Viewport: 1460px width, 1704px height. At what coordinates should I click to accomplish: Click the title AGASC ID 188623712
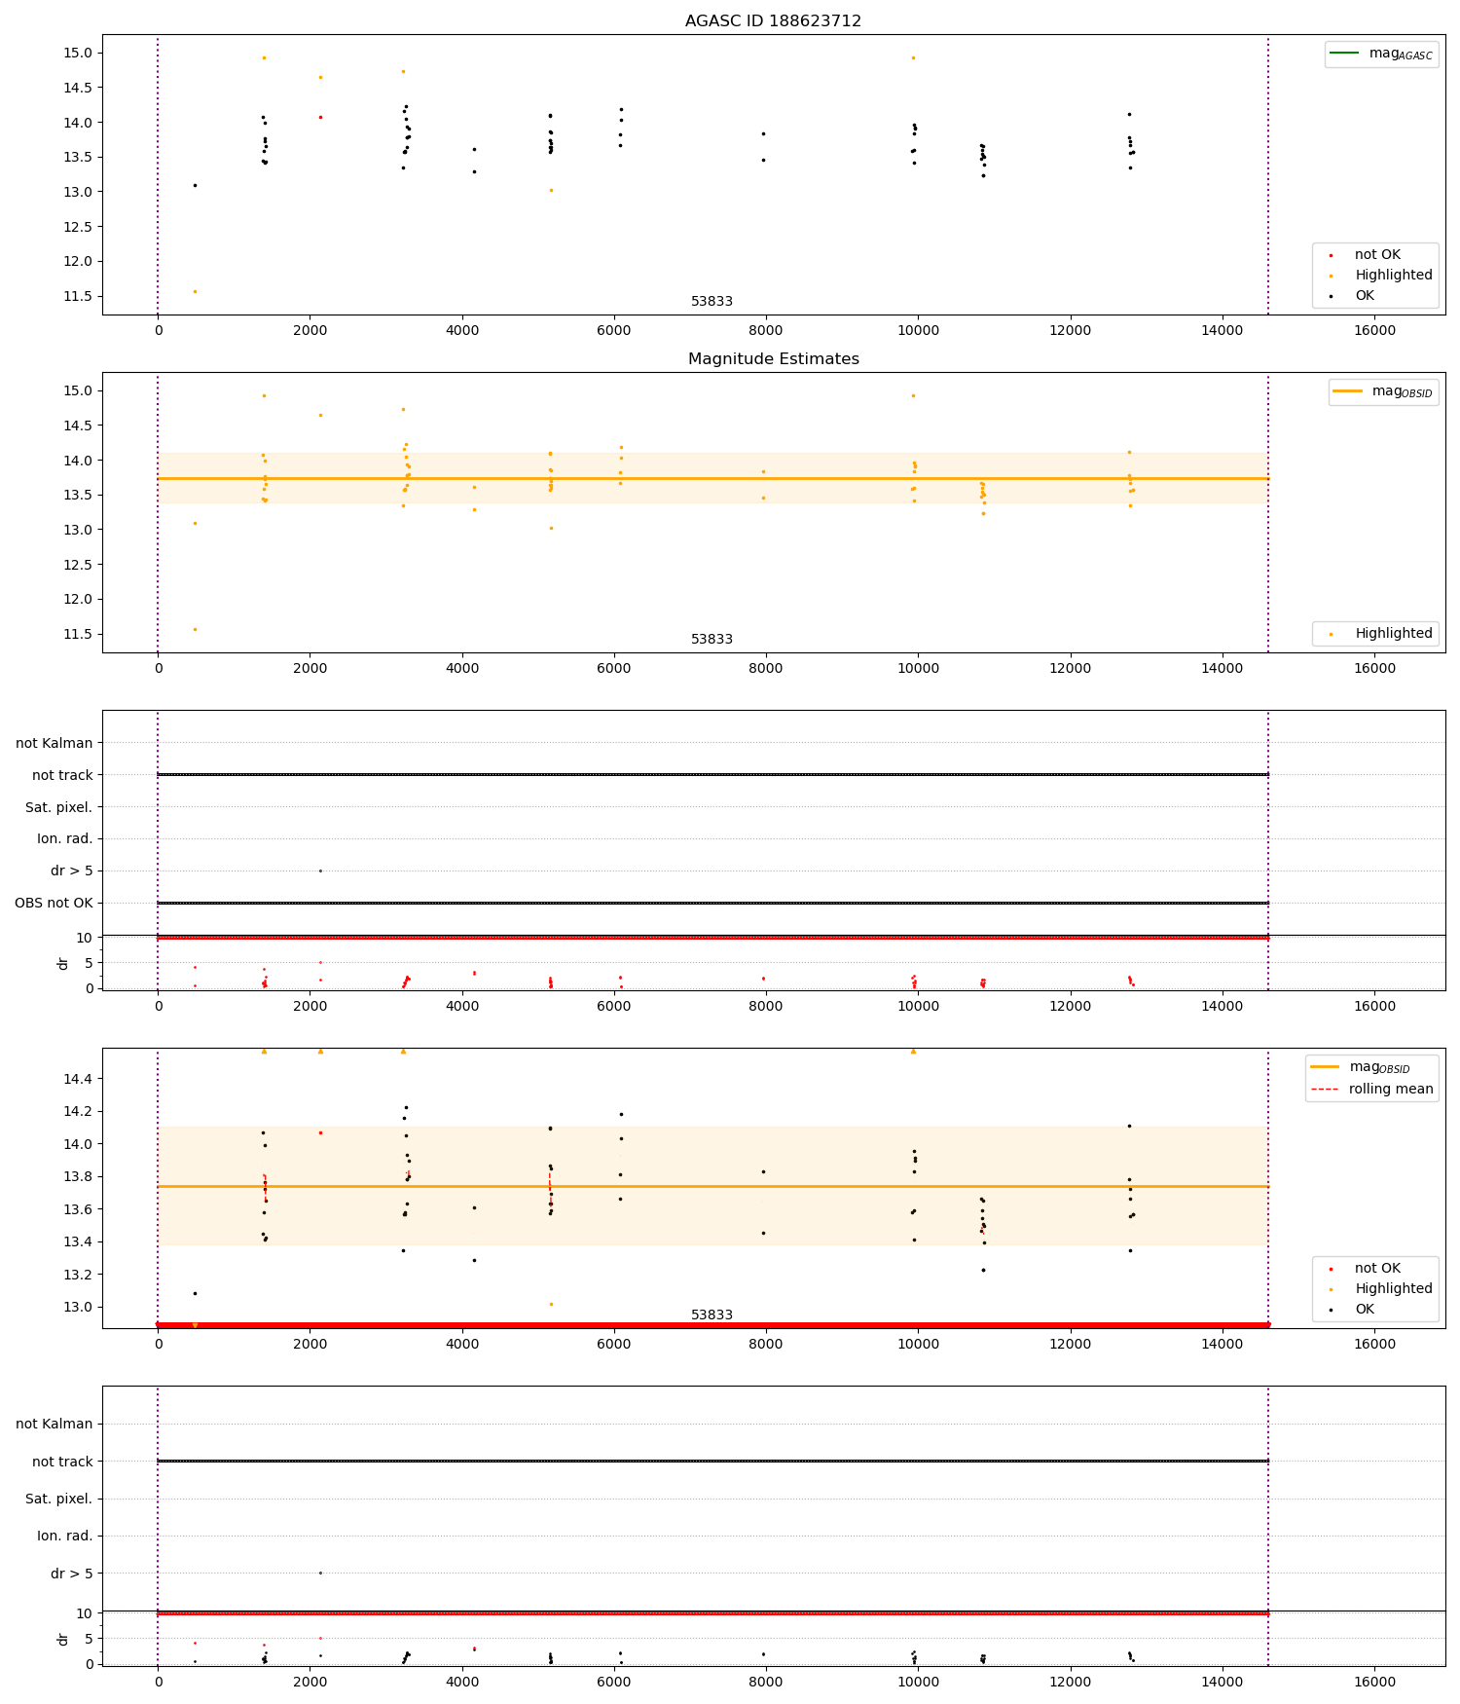773,20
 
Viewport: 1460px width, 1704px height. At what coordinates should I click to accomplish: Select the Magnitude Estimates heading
773,358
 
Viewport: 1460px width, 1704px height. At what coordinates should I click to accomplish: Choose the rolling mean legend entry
1390,1089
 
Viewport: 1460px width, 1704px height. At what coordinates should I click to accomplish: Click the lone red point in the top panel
320,117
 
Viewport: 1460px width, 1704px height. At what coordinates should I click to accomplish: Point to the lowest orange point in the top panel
195,291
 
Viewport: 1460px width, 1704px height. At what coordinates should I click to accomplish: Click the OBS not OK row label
55,903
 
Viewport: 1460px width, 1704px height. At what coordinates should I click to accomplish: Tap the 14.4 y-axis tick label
79,1079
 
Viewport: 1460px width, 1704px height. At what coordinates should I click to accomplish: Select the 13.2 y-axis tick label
79,1275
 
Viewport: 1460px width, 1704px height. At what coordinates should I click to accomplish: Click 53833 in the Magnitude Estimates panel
712,639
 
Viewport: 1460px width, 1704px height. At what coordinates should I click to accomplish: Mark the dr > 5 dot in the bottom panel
320,1573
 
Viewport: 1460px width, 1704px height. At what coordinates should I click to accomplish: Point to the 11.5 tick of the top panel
79,296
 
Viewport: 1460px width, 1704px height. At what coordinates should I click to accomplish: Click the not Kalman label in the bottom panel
55,1424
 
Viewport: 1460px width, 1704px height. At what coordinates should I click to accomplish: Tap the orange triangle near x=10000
913,1052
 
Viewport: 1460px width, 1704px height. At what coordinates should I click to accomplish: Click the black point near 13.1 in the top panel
195,185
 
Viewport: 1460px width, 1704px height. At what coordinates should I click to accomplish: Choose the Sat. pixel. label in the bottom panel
58,1499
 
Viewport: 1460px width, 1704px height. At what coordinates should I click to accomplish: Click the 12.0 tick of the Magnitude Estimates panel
79,599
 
